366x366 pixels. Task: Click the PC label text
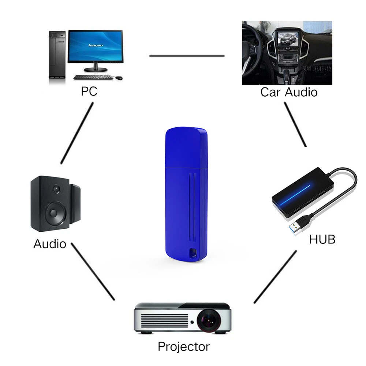pyautogui.click(x=89, y=91)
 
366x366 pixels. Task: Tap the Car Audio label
pyautogui.click(x=289, y=92)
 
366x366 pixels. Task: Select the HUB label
pyautogui.click(x=322, y=239)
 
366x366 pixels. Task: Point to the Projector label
pyautogui.click(x=184, y=346)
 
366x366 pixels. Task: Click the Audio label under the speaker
pyautogui.click(x=50, y=244)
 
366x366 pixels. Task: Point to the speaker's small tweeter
pyautogui.click(x=56, y=189)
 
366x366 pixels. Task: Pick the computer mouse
pyautogui.click(x=119, y=78)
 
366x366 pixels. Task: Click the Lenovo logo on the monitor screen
pyautogui.click(x=96, y=45)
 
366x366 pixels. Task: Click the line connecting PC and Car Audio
pyautogui.click(x=187, y=56)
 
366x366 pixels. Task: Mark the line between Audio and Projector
pyautogui.click(x=93, y=271)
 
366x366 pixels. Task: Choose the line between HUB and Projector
pyautogui.click(x=275, y=277)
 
